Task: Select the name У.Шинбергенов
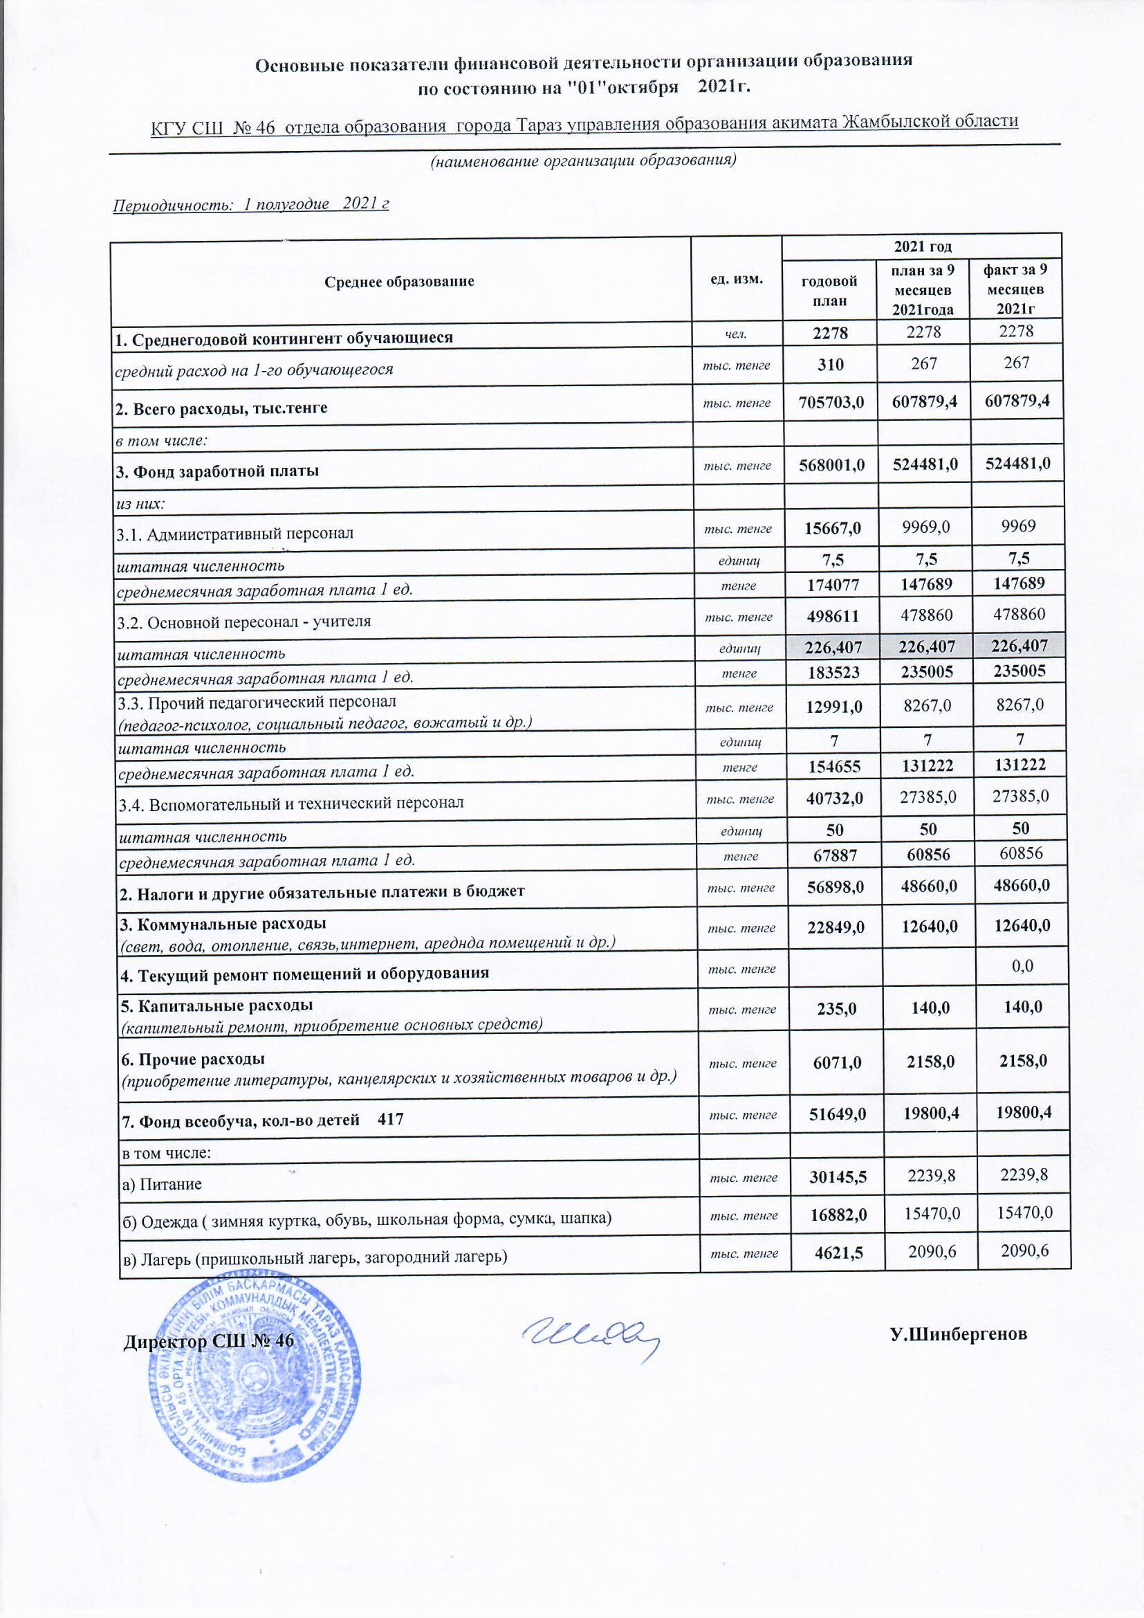[x=958, y=1334]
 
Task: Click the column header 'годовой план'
[x=829, y=291]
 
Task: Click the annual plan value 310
[x=830, y=363]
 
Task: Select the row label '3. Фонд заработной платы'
[x=218, y=470]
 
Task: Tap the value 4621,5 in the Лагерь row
[x=834, y=1251]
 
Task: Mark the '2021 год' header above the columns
[x=923, y=246]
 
